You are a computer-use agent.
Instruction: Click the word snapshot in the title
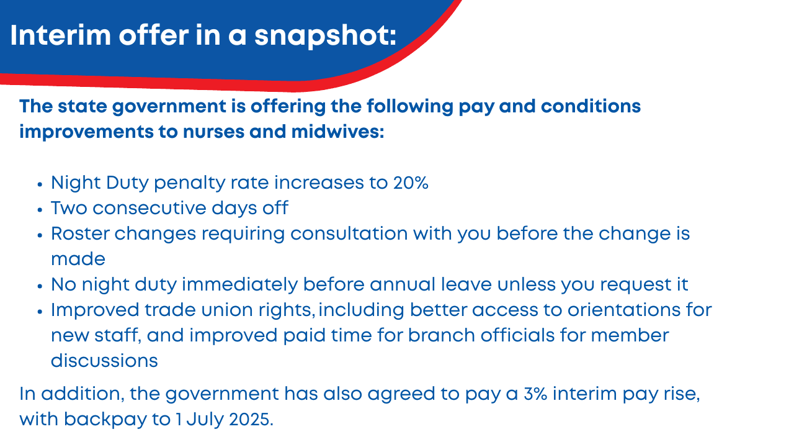[x=325, y=37]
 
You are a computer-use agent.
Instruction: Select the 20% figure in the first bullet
[x=411, y=183]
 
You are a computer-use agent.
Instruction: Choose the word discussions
[x=104, y=361]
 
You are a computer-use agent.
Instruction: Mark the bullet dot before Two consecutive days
[x=40, y=210]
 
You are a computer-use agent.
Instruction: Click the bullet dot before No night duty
[x=40, y=286]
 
